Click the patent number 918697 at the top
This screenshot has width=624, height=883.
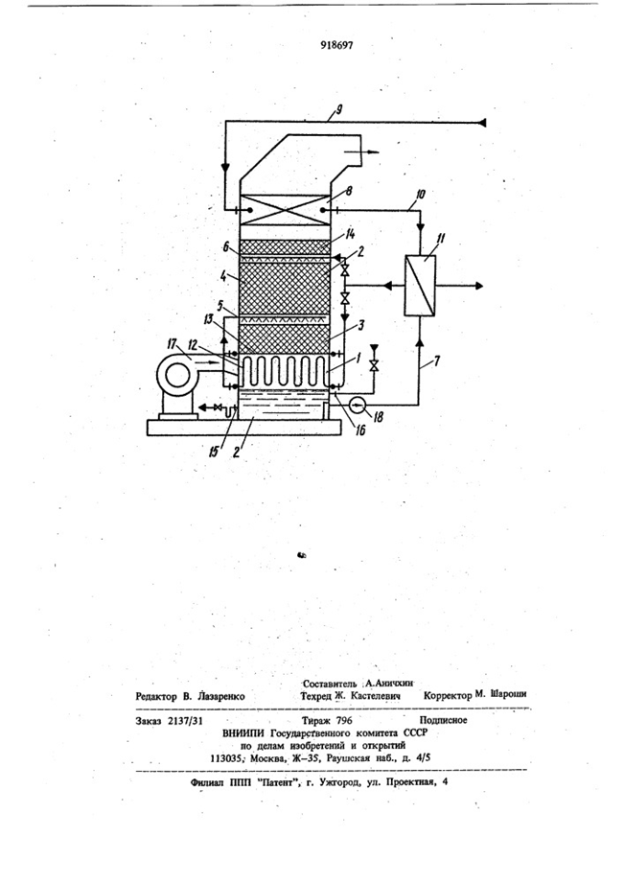[x=336, y=46]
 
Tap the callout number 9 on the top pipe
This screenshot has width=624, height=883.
[x=338, y=110]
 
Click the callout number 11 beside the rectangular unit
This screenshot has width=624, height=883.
[x=440, y=239]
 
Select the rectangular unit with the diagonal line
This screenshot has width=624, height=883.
[x=420, y=286]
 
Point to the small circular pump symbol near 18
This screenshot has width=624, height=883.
[x=358, y=404]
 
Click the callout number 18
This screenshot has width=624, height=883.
[x=378, y=417]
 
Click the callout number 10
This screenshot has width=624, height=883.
[x=420, y=195]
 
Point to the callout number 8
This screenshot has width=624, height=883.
[x=349, y=192]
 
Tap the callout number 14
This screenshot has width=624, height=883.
[x=350, y=233]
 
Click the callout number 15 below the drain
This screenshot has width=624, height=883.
[x=214, y=451]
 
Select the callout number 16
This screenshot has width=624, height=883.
[x=360, y=430]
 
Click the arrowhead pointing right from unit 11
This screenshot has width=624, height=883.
[x=478, y=286]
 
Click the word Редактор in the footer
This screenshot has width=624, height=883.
[x=155, y=697]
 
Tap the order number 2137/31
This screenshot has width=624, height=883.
[x=185, y=720]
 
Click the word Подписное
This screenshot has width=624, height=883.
[x=443, y=720]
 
